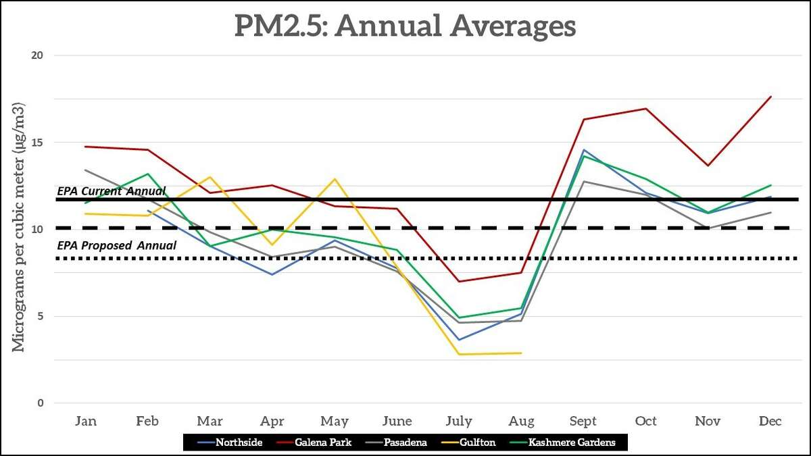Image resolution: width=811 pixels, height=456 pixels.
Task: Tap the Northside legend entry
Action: click(239, 442)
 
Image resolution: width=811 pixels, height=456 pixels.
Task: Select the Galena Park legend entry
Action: click(323, 442)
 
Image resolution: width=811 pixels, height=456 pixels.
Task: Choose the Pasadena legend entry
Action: click(405, 442)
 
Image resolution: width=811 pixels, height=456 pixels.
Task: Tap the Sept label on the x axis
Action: click(583, 422)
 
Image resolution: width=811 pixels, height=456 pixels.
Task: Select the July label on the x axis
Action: click(459, 422)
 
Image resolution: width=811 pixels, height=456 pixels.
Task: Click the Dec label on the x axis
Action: click(770, 422)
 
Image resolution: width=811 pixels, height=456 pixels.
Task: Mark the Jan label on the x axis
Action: click(86, 422)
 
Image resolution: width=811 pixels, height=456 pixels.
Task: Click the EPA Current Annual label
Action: click(111, 191)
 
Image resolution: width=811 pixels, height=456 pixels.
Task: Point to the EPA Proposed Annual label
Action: click(116, 245)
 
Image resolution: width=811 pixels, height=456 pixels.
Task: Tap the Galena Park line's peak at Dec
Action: click(770, 97)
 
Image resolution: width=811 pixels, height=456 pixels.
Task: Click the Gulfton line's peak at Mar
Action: click(210, 177)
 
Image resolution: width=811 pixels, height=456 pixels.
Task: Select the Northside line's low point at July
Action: click(459, 340)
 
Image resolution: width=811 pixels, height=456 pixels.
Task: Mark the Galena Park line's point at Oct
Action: click(646, 109)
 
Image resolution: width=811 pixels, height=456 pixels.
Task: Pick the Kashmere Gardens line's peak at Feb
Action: click(148, 174)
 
